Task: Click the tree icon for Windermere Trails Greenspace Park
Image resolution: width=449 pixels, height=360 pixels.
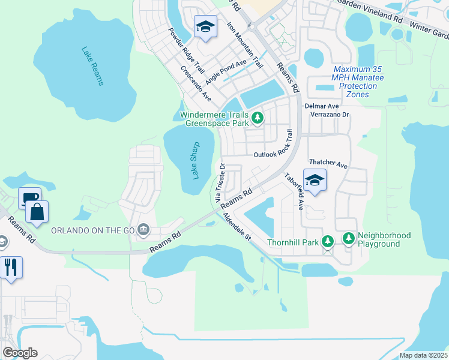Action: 258,117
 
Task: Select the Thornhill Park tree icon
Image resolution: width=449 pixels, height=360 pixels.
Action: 327,241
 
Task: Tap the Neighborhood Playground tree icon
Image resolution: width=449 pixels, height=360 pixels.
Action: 349,239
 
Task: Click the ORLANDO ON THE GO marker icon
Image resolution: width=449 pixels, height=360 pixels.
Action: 143,229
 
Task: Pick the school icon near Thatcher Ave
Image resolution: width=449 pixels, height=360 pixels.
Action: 315,179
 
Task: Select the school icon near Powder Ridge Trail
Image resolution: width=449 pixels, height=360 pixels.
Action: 205,26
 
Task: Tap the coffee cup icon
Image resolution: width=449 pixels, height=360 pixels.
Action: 29,198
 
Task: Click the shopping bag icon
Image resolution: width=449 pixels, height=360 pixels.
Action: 37,211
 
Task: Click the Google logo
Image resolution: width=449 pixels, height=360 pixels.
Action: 20,353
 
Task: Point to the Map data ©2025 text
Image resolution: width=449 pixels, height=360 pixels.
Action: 423,355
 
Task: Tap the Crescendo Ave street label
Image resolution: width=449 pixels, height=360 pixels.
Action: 196,83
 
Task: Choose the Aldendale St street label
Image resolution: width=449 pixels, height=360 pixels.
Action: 236,227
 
